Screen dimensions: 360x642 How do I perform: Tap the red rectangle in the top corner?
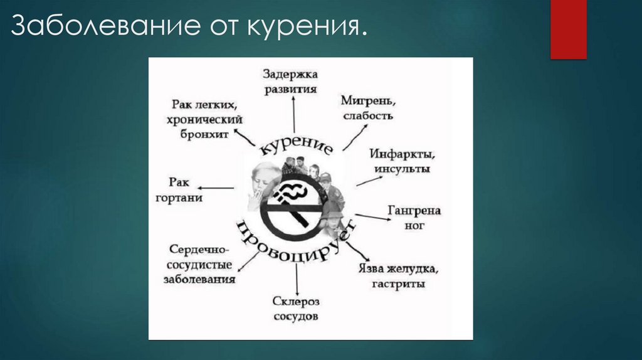568,29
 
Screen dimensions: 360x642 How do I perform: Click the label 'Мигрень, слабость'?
368,108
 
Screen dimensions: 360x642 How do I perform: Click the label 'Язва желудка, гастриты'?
397,277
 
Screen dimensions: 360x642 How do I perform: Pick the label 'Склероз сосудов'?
296,309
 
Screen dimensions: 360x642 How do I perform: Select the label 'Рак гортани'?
179,189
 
